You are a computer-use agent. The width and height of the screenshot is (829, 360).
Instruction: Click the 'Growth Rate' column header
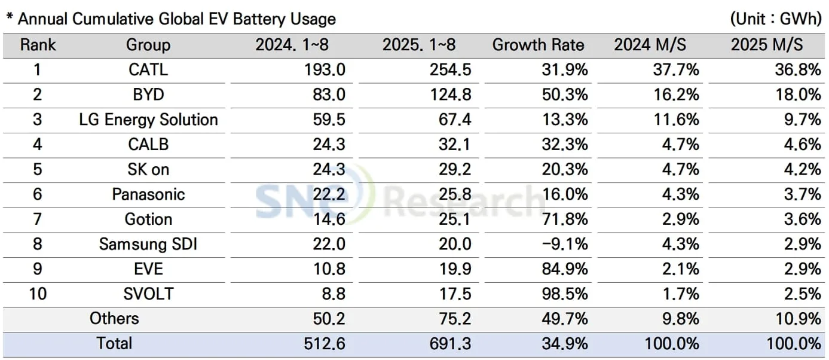pos(537,45)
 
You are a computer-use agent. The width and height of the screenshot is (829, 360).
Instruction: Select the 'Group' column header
pos(148,45)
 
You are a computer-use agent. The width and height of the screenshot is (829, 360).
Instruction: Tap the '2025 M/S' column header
pos(766,45)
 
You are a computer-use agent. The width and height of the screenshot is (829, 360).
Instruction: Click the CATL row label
pos(148,70)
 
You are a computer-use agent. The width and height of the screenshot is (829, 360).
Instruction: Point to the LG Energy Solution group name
pos(148,120)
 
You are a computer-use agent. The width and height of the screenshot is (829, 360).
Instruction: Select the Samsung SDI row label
pos(148,244)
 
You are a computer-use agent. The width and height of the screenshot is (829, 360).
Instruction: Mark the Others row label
pos(114,319)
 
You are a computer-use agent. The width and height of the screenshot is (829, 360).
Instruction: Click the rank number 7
pos(37,219)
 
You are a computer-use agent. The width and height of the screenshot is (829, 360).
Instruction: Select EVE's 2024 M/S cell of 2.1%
pos(681,269)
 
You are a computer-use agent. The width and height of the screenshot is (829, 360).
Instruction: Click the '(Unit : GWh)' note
pos(775,19)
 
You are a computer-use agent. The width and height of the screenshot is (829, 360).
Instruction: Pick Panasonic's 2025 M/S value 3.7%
pos(803,194)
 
